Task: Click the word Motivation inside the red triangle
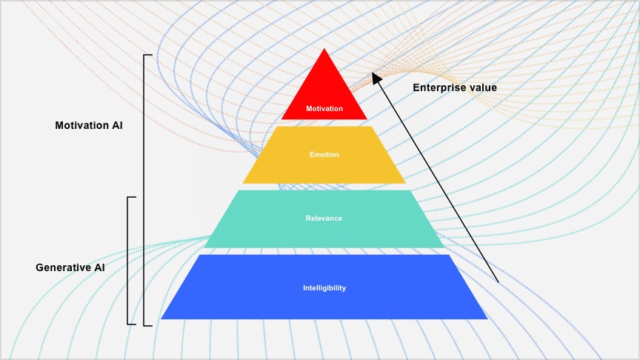[324, 109]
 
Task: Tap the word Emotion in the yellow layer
[324, 154]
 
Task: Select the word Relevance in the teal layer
[324, 218]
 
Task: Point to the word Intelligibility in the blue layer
[324, 287]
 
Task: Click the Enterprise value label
[455, 87]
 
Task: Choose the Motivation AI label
[89, 125]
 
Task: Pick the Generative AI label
[70, 267]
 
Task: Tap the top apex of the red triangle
[324, 49]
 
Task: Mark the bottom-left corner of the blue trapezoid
[161, 319]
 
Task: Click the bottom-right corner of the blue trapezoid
[487, 319]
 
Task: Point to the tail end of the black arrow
[499, 283]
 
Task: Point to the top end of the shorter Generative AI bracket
[134, 198]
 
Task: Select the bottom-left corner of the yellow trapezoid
[243, 183]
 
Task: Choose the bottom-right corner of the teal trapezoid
[444, 247]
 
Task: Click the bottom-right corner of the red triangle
[367, 119]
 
